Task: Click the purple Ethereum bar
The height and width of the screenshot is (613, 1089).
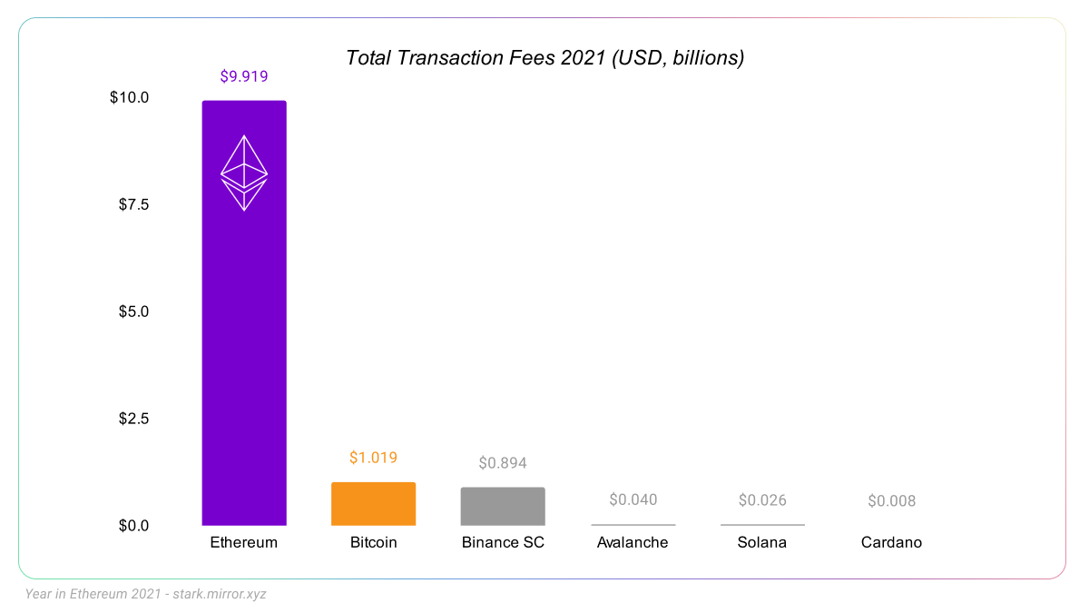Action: pos(243,363)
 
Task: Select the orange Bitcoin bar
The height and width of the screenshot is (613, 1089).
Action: pos(373,504)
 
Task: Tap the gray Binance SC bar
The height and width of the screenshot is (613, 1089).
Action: pos(503,507)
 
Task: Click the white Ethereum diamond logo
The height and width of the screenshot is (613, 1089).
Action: pos(244,173)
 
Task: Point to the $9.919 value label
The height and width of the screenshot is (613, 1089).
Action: pos(244,76)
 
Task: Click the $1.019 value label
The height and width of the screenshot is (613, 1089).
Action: pos(373,458)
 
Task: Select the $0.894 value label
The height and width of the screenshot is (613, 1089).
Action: pos(503,463)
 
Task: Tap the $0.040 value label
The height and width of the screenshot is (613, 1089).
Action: pos(633,499)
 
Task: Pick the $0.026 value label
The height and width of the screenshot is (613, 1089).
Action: pos(762,499)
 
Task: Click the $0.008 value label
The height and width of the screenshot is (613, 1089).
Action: pos(891,500)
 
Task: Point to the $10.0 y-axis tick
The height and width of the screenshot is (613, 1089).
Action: pos(129,97)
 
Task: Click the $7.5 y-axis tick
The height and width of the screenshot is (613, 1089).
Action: pos(133,204)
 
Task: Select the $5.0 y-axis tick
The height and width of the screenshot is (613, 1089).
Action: pos(133,311)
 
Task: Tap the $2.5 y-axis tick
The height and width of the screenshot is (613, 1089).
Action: pos(133,419)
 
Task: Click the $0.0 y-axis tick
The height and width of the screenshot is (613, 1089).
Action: pos(133,526)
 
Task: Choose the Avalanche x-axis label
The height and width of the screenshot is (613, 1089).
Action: pos(633,542)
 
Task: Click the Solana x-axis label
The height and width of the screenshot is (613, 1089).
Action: pos(762,542)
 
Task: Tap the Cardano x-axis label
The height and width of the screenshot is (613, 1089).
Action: pos(891,542)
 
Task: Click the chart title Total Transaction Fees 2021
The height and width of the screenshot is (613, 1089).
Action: pos(544,58)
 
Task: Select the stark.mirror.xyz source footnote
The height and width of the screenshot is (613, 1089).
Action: pos(146,594)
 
